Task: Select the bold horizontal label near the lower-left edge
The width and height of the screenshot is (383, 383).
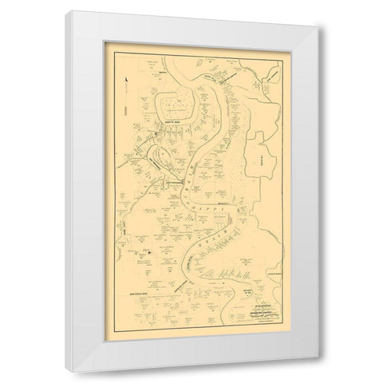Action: pyautogui.click(x=135, y=294)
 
